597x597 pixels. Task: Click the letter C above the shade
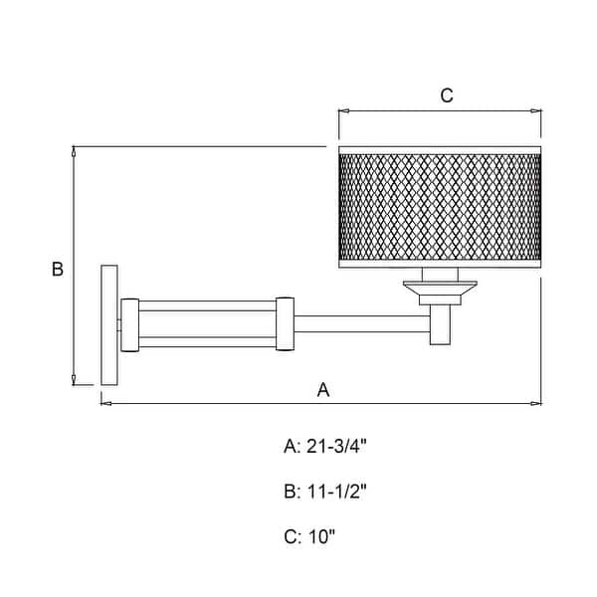pyautogui.click(x=447, y=96)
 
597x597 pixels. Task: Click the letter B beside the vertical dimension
pyautogui.click(x=58, y=270)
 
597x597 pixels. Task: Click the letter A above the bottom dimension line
pyautogui.click(x=323, y=390)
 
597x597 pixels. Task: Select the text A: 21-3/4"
pyautogui.click(x=324, y=446)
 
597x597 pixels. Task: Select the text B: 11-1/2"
pyautogui.click(x=324, y=492)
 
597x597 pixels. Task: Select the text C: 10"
pyautogui.click(x=309, y=537)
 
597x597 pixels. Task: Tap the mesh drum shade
pyautogui.click(x=440, y=207)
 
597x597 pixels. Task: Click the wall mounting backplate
pyautogui.click(x=109, y=324)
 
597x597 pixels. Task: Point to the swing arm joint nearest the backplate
pyautogui.click(x=129, y=324)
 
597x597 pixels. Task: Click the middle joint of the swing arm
pyautogui.click(x=286, y=323)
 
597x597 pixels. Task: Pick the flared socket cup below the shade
pyautogui.click(x=440, y=293)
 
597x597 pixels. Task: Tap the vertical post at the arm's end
pyautogui.click(x=441, y=324)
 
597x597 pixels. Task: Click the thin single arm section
pyautogui.click(x=362, y=323)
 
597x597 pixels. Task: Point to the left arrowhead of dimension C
pyautogui.click(x=343, y=110)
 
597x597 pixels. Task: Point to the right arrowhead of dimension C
pyautogui.click(x=536, y=110)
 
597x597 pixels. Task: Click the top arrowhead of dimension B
pyautogui.click(x=74, y=151)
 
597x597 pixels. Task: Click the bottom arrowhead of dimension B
pyautogui.click(x=74, y=380)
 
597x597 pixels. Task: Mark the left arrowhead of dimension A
pyautogui.click(x=106, y=403)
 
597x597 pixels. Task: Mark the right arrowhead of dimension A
pyautogui.click(x=536, y=403)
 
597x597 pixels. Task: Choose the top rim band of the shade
pyautogui.click(x=440, y=150)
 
